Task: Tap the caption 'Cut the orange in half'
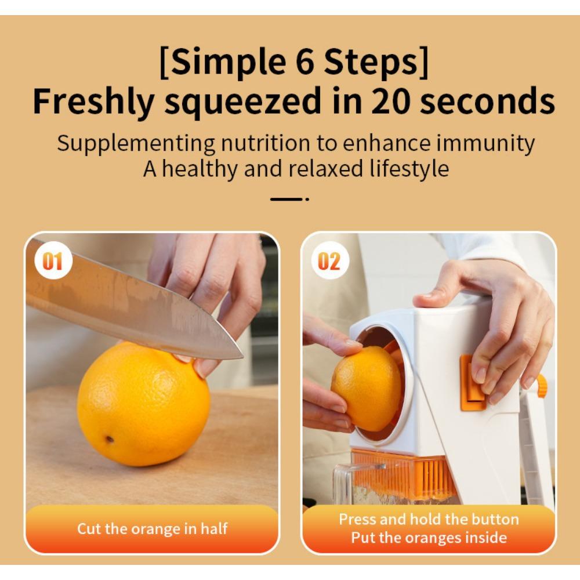pyautogui.click(x=152, y=528)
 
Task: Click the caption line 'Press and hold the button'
pyautogui.click(x=429, y=519)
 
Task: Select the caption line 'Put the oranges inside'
pyautogui.click(x=429, y=538)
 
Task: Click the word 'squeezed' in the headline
pyautogui.click(x=242, y=103)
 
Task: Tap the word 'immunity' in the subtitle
pyautogui.click(x=485, y=143)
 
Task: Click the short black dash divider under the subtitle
pyautogui.click(x=287, y=198)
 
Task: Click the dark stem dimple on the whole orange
pyautogui.click(x=109, y=438)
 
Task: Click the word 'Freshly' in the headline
pyautogui.click(x=93, y=103)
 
